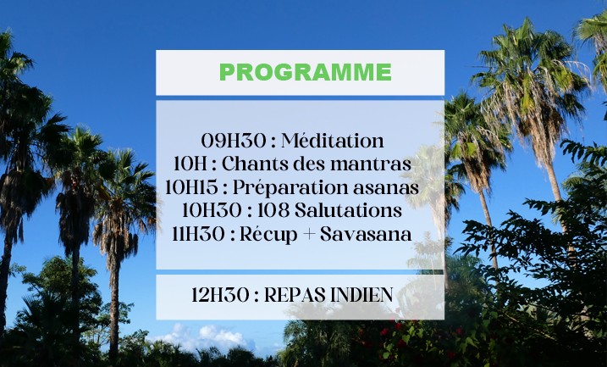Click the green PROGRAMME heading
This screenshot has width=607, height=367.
[306, 72]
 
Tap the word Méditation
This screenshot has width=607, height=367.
[333, 141]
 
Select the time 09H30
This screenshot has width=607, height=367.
[234, 141]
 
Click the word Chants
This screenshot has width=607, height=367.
[255, 164]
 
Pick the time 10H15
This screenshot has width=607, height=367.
[191, 187]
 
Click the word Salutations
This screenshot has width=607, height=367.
[348, 210]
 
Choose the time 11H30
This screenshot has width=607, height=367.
[198, 234]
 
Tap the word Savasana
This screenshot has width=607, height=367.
[366, 234]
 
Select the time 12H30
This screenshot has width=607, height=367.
[220, 295]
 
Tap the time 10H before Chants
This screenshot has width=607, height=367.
[190, 164]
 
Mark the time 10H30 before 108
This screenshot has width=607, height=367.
[212, 210]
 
